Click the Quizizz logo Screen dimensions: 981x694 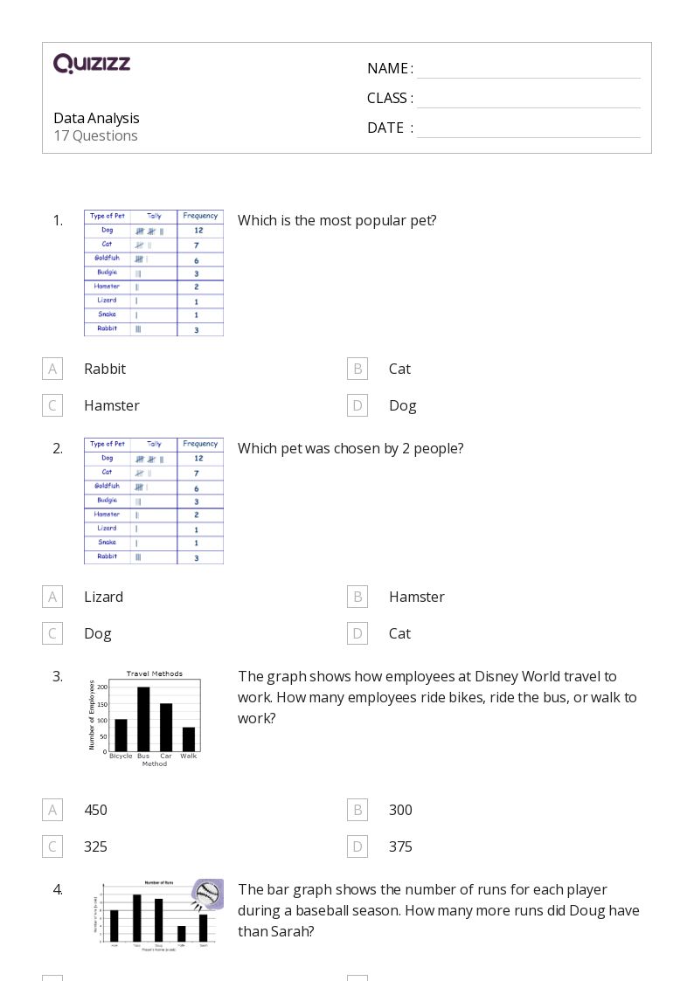click(x=92, y=64)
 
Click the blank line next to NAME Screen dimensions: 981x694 click(x=528, y=70)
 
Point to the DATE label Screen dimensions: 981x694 click(x=385, y=128)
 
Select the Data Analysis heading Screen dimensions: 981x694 click(x=96, y=118)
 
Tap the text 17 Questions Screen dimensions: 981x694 click(x=95, y=135)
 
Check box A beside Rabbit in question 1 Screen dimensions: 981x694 click(x=52, y=369)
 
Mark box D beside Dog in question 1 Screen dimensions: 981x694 click(x=357, y=405)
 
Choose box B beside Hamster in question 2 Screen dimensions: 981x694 click(x=357, y=597)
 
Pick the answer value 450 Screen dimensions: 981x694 click(x=95, y=810)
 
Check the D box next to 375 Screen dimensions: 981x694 click(x=357, y=846)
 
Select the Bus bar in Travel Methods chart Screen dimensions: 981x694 click(x=143, y=719)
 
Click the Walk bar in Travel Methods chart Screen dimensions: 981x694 click(x=189, y=739)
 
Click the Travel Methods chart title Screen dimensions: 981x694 click(x=155, y=674)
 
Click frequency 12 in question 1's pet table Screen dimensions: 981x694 click(x=199, y=231)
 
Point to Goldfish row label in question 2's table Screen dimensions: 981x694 click(x=107, y=486)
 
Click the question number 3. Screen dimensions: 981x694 click(x=58, y=676)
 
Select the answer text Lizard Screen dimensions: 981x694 click(x=103, y=597)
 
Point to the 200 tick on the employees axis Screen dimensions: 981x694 click(x=102, y=687)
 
